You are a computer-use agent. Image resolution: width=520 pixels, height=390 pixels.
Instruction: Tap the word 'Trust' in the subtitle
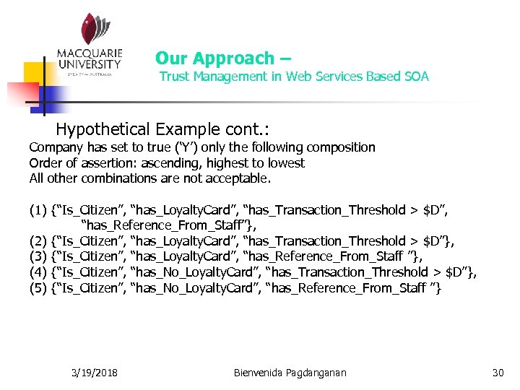[x=174, y=77]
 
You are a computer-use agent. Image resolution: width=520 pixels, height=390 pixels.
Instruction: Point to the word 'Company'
[x=56, y=147]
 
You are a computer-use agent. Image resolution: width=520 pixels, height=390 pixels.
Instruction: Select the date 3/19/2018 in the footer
[x=96, y=373]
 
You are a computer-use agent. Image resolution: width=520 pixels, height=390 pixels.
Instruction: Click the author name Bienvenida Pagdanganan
[x=290, y=373]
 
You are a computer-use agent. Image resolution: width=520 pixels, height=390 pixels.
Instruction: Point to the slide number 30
[x=497, y=373]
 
